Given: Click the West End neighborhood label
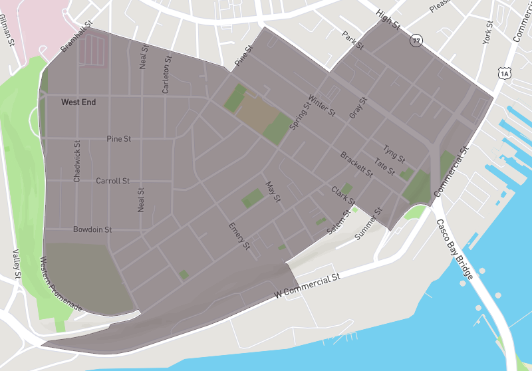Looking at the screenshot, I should [78, 102].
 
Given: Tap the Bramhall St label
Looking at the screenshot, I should [76, 35].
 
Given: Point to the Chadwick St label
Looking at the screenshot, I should [77, 162].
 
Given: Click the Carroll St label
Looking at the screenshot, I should [112, 181].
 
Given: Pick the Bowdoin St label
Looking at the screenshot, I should [92, 229].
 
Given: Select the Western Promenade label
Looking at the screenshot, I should [61, 285].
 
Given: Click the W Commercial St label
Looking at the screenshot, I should [307, 285].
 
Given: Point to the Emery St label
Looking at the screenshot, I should [239, 236].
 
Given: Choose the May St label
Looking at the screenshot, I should [273, 193].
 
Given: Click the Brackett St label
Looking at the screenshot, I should [356, 165].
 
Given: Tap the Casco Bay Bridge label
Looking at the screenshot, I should [454, 249].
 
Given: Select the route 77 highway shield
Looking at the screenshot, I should [416, 41].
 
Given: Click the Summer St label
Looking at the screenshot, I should [370, 225].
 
